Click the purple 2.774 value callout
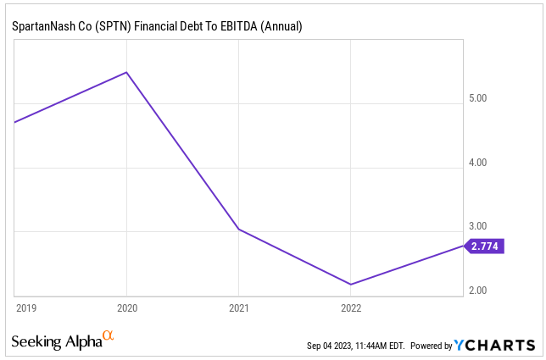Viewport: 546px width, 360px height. pyautogui.click(x=485, y=246)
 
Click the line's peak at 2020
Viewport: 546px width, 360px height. pyautogui.click(x=126, y=72)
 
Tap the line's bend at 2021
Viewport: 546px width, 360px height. pyautogui.click(x=239, y=230)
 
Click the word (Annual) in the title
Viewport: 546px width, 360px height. pyautogui.click(x=281, y=27)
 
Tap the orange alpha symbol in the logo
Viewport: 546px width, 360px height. pyautogui.click(x=108, y=337)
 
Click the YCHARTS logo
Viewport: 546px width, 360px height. pyautogui.click(x=495, y=346)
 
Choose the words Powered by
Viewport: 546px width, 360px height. pyautogui.click(x=432, y=346)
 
